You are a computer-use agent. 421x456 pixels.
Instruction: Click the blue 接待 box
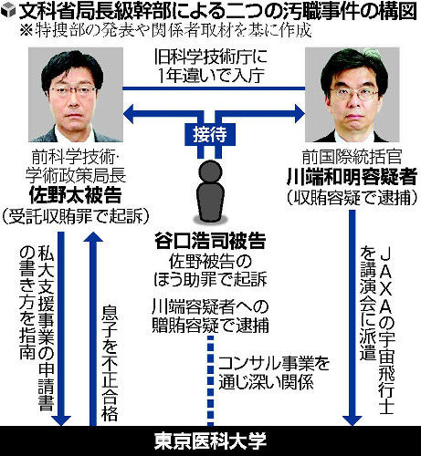210,134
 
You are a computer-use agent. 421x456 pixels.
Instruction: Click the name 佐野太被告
76,195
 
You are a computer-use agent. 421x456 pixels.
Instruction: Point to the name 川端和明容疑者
352,176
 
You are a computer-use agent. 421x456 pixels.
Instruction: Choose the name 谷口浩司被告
210,241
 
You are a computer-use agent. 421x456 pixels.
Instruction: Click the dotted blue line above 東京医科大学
210,381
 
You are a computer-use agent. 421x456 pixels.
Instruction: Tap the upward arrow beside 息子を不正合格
93,328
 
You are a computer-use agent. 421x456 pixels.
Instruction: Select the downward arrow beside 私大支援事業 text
61,328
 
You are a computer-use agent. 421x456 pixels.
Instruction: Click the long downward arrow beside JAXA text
353,317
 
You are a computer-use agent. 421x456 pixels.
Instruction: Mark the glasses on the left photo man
73,90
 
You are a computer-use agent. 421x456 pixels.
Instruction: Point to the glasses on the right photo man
354,95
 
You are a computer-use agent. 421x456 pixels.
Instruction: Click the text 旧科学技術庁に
210,57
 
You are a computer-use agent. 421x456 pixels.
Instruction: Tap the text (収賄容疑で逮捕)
352,198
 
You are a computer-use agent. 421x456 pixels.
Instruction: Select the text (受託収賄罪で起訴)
76,216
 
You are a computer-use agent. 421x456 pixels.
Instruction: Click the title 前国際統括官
352,157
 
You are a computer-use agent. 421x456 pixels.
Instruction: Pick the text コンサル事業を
274,363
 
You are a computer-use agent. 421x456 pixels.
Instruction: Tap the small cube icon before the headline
8,11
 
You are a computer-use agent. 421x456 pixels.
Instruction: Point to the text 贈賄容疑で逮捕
210,326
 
